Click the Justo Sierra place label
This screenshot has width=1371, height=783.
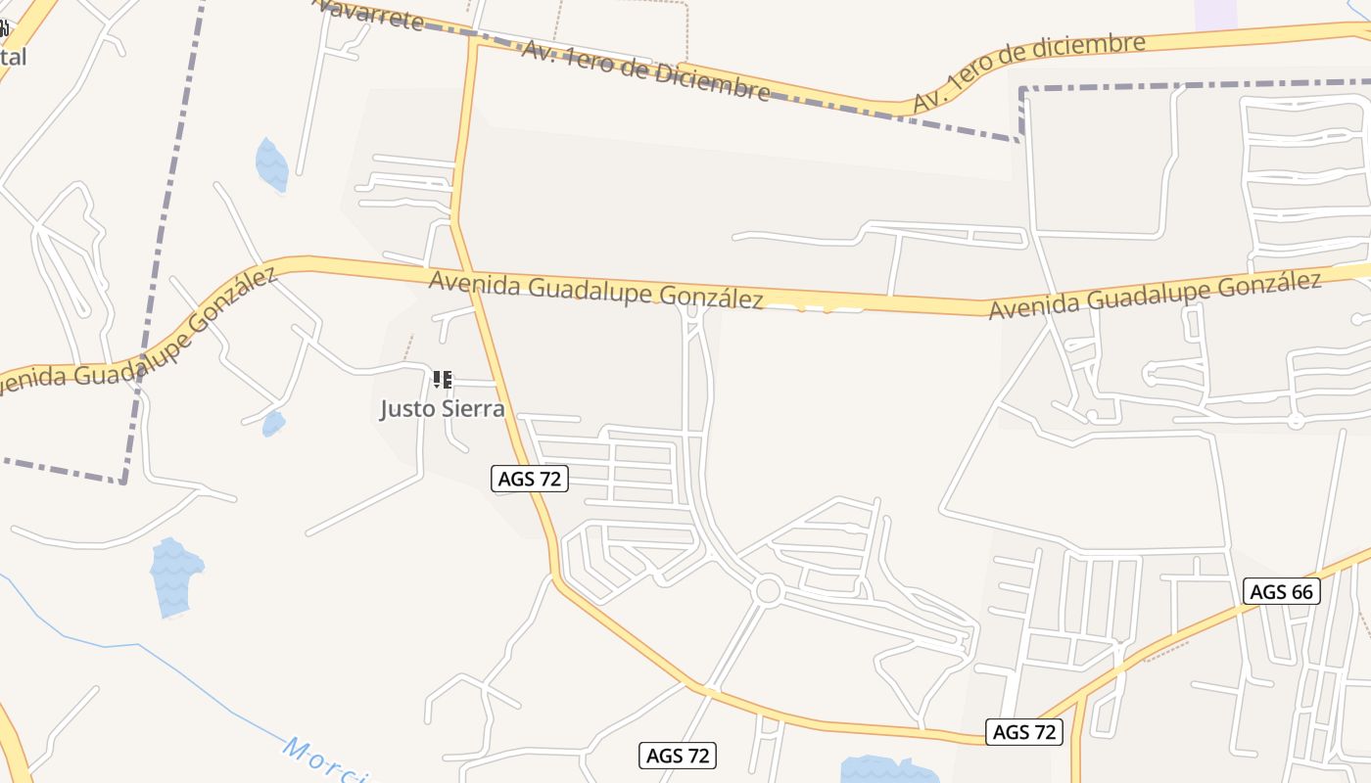pyautogui.click(x=443, y=408)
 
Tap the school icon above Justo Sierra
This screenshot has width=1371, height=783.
pyautogui.click(x=443, y=379)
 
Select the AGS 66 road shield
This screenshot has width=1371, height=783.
pyautogui.click(x=1282, y=591)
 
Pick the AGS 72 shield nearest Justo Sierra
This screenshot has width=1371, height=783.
pyautogui.click(x=529, y=479)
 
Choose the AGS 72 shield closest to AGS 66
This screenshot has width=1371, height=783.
pyautogui.click(x=1024, y=731)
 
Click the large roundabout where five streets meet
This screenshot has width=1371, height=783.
pyautogui.click(x=768, y=590)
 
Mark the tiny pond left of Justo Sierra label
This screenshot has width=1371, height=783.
pyautogui.click(x=273, y=424)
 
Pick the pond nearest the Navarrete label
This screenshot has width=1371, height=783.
pyautogui.click(x=271, y=164)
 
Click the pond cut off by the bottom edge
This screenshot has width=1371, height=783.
pyautogui.click(x=889, y=769)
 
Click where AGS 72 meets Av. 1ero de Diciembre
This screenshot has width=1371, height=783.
pyautogui.click(x=476, y=39)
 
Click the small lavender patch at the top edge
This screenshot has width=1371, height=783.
pyautogui.click(x=1215, y=14)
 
